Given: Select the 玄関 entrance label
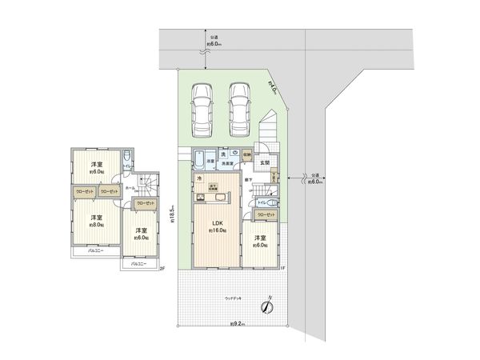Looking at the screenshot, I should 265,164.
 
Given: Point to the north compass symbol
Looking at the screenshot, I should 266,305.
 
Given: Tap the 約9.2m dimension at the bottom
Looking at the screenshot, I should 238,324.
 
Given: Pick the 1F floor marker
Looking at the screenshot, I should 282,268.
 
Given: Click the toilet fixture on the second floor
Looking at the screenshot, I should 129,158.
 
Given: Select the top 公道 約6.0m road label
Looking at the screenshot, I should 214,41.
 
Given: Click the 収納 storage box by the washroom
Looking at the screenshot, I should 246,155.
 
